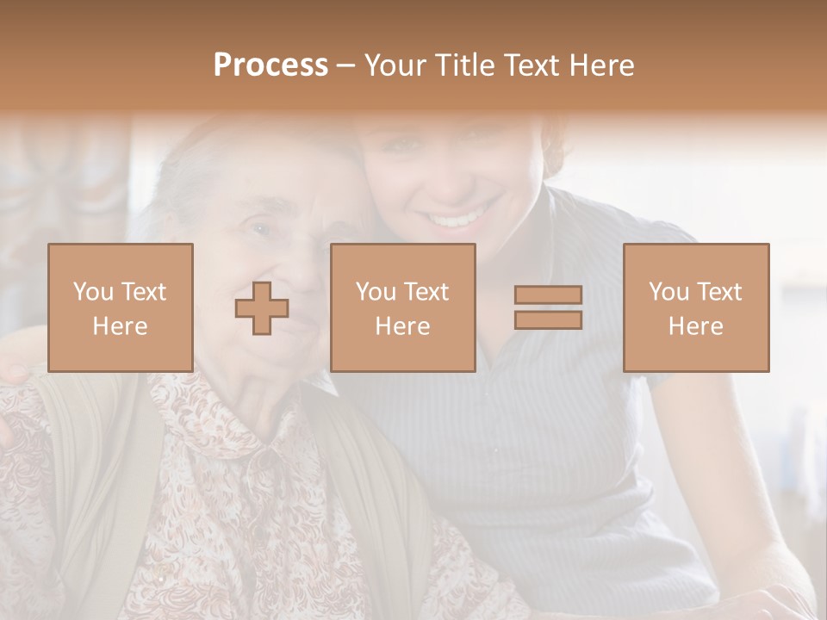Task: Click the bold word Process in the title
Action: coord(270,65)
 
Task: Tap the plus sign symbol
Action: coord(262,308)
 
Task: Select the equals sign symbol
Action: coord(548,307)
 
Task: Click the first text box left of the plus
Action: coord(121,307)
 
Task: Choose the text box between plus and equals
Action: coord(403,307)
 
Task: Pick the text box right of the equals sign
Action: coord(696,307)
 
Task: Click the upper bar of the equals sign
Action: coord(548,295)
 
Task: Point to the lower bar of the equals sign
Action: coord(548,319)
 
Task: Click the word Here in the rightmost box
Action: coord(696,326)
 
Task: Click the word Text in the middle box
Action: coord(426,292)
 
